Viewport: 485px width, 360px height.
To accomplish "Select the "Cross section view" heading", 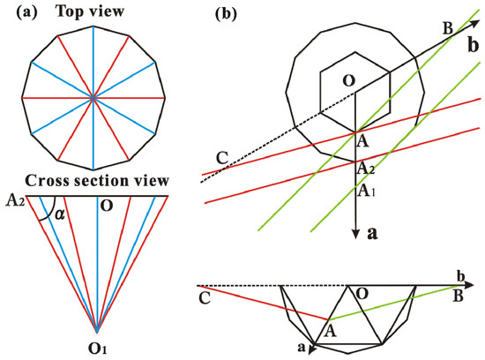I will (x=96, y=180).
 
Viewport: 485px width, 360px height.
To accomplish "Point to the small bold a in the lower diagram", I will (x=302, y=348).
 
